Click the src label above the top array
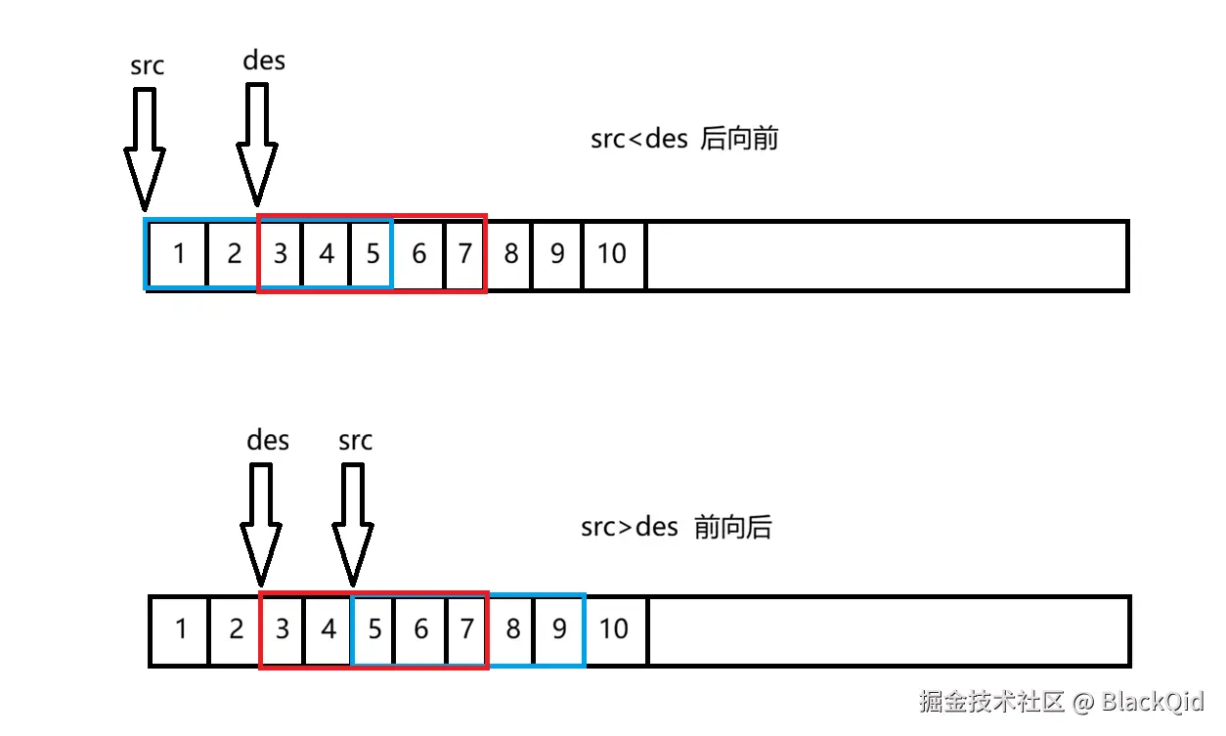(x=148, y=66)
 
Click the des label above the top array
(x=264, y=61)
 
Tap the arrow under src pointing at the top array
(x=145, y=147)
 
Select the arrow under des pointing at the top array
(x=258, y=143)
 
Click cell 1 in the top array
(x=179, y=254)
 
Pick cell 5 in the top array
(x=372, y=254)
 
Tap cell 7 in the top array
(x=464, y=254)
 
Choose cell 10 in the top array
(x=612, y=254)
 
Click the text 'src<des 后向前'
(x=684, y=139)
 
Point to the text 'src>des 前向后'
(x=677, y=528)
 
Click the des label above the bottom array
(x=268, y=440)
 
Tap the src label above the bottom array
(x=355, y=441)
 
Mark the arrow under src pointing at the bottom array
(x=353, y=524)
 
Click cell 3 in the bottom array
(x=283, y=628)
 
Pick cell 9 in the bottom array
(x=559, y=628)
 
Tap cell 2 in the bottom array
(x=236, y=628)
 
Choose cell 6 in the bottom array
(x=420, y=628)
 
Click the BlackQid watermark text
(x=1154, y=701)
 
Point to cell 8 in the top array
(x=510, y=254)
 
